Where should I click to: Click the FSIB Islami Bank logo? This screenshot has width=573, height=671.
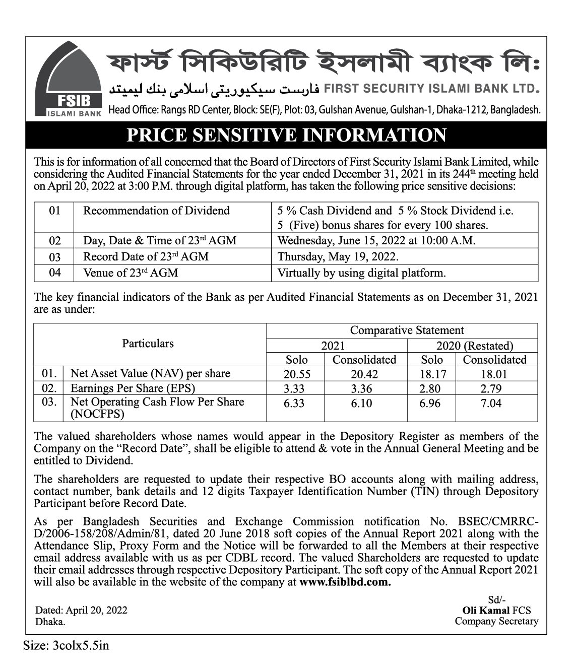[68, 80]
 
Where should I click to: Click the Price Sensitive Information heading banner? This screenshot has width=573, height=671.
[286, 136]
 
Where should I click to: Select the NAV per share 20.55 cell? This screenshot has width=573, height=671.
[297, 374]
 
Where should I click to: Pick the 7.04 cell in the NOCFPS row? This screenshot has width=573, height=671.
[491, 403]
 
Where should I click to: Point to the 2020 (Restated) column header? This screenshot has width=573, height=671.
[474, 346]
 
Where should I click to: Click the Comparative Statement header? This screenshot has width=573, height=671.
[407, 330]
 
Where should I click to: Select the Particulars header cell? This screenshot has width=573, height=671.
[148, 344]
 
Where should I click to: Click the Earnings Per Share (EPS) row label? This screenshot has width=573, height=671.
[133, 388]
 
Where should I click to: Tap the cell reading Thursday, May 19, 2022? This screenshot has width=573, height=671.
[338, 256]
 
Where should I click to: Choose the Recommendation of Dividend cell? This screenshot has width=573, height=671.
[156, 211]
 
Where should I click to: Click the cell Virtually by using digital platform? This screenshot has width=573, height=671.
[361, 273]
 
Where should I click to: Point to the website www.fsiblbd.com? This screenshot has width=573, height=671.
[345, 582]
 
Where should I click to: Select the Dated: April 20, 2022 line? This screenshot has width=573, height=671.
[81, 610]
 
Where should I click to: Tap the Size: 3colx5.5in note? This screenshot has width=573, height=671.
[66, 645]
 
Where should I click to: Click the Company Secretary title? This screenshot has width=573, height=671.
[496, 621]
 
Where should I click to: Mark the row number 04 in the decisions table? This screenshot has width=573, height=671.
[54, 273]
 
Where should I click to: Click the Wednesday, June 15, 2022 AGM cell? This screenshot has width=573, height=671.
[376, 240]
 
